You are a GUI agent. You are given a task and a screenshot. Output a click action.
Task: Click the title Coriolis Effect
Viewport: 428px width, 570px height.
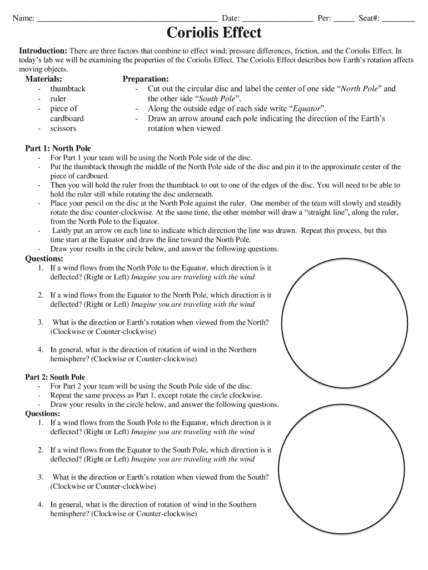pos(215,33)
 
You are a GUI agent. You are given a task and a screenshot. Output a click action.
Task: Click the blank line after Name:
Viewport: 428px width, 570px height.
pos(126,19)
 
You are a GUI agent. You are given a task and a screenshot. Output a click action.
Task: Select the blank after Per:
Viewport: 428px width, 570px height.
pos(344,19)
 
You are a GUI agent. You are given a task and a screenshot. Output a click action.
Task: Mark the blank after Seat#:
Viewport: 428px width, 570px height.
pos(399,19)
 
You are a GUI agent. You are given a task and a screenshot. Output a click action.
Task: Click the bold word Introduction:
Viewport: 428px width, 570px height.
pos(43,51)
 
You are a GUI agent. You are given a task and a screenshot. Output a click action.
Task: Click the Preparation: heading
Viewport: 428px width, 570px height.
pos(146,79)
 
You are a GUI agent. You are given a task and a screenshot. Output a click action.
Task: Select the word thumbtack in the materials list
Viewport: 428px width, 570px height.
pos(68,89)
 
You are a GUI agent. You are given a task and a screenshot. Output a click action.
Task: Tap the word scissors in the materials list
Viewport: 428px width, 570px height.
pos(63,129)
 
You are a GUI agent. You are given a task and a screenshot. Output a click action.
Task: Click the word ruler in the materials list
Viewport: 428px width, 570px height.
pos(58,99)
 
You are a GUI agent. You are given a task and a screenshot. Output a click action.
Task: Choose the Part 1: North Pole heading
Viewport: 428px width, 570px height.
pos(58,148)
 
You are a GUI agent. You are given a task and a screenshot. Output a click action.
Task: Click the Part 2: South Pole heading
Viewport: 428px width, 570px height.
pos(55,377)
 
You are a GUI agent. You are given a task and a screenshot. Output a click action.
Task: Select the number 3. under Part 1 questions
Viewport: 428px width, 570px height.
pos(41,322)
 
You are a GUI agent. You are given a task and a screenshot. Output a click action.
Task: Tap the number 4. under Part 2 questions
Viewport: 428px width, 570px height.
pos(41,504)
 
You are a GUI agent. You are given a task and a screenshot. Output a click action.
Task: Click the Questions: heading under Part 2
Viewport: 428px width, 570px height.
pos(43,414)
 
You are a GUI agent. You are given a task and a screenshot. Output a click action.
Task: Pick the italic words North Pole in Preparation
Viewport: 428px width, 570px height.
pos(359,89)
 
